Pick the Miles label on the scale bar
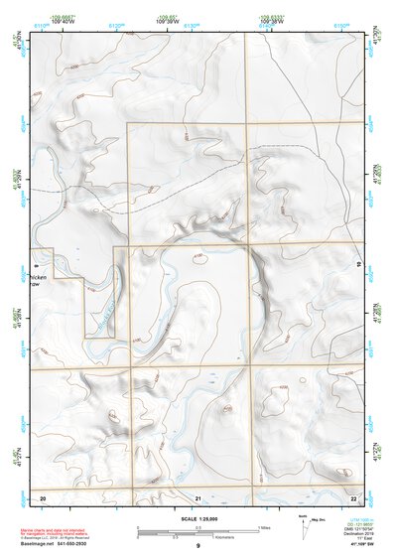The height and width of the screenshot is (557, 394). click(x=263, y=527)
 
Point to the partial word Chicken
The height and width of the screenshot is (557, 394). click(x=42, y=276)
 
